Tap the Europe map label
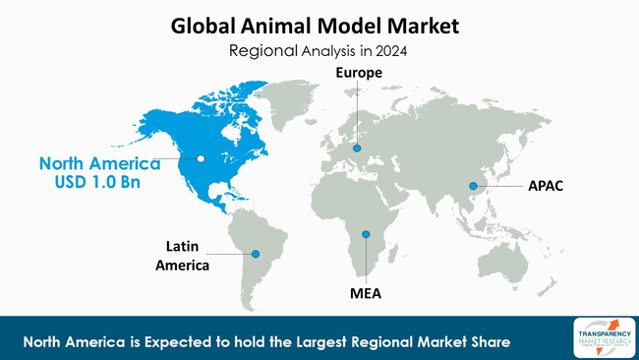click(357, 73)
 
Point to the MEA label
click(366, 293)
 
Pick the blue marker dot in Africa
click(366, 234)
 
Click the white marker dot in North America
click(201, 157)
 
